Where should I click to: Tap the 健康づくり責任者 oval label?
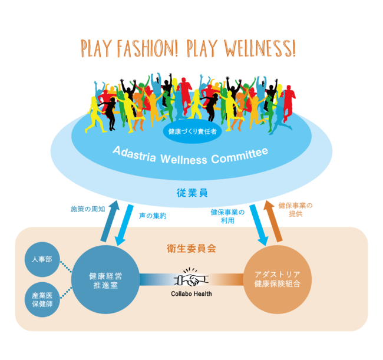pos(192,131)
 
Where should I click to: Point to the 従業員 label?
pos(191,192)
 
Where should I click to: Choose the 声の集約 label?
pos(153,216)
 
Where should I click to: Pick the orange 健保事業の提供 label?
pos(295,210)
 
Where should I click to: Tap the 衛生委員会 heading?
pos(191,248)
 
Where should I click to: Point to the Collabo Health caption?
pos(191,293)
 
